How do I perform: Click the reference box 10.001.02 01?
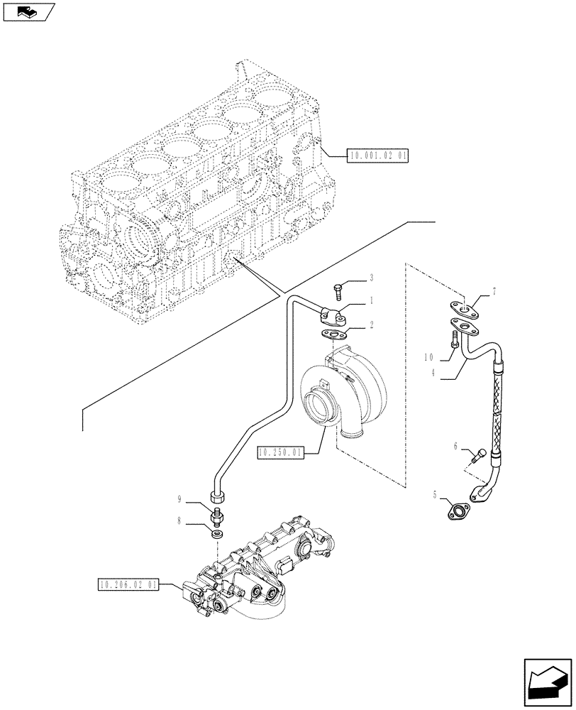378,155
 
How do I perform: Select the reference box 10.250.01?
281,452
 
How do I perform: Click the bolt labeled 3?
338,290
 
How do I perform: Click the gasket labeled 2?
332,332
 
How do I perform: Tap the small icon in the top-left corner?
28,11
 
